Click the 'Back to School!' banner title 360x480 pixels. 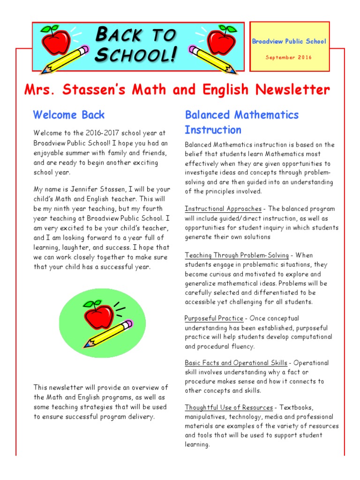136,45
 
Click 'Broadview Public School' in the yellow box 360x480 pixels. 289,41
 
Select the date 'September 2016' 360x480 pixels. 289,57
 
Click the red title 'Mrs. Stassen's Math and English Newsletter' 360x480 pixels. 177,90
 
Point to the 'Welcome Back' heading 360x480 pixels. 69,115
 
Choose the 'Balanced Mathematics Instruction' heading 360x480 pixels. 241,122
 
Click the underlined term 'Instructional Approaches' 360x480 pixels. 223,209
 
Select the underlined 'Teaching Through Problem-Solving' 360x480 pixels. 236,255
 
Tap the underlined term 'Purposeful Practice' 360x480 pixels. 214,319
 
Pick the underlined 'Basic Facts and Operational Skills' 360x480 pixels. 236,363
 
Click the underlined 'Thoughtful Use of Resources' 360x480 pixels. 229,407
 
